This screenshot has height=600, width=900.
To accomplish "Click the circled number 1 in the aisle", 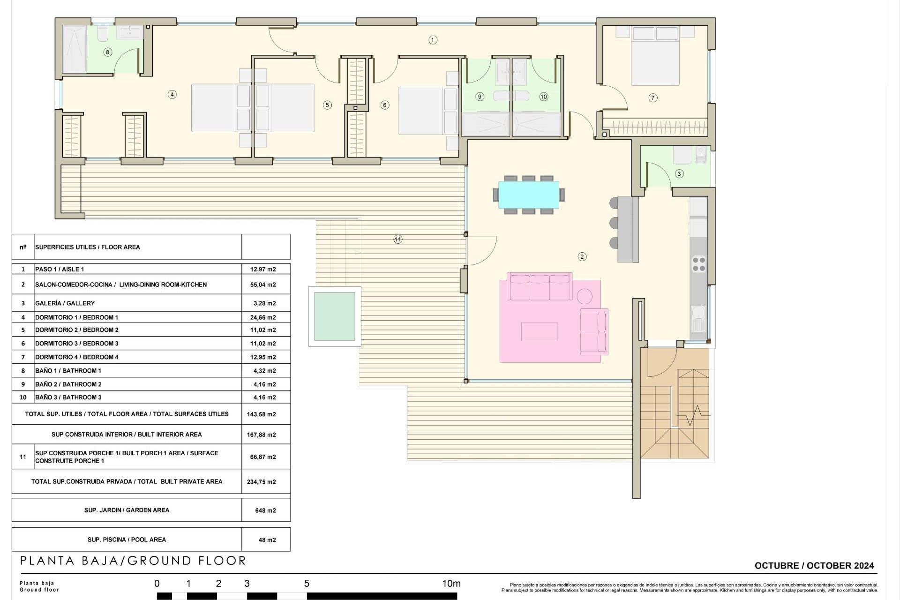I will pyautogui.click(x=433, y=40).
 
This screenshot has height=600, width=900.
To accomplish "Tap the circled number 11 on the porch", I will pyautogui.click(x=397, y=240).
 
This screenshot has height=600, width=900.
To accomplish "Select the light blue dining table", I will pyautogui.click(x=528, y=195).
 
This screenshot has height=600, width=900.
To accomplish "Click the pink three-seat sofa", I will pyautogui.click(x=540, y=287).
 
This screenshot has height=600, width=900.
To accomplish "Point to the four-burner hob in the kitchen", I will pyautogui.click(x=698, y=264).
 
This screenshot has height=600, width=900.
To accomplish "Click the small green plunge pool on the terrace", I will pyautogui.click(x=334, y=316).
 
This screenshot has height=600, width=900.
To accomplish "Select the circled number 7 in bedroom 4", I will pyautogui.click(x=652, y=98).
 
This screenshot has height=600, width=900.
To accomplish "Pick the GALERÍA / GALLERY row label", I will pyautogui.click(x=65, y=303).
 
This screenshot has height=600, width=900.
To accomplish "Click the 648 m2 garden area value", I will pyautogui.click(x=265, y=510).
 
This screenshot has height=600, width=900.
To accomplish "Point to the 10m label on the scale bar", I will pyautogui.click(x=451, y=584).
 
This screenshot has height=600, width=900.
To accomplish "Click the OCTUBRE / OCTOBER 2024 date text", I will pyautogui.click(x=814, y=566).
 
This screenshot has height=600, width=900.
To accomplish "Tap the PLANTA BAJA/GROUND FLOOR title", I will pyautogui.click(x=133, y=561).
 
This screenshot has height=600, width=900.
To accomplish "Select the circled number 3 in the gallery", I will pyautogui.click(x=679, y=174).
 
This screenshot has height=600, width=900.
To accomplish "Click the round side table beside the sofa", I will pyautogui.click(x=585, y=296).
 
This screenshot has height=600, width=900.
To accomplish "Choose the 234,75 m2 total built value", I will pyautogui.click(x=261, y=482).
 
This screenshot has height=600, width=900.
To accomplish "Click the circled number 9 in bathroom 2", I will pyautogui.click(x=479, y=97).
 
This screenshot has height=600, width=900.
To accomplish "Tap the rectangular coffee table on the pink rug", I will pyautogui.click(x=539, y=331).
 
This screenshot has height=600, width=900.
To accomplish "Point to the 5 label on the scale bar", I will pyautogui.click(x=307, y=584).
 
